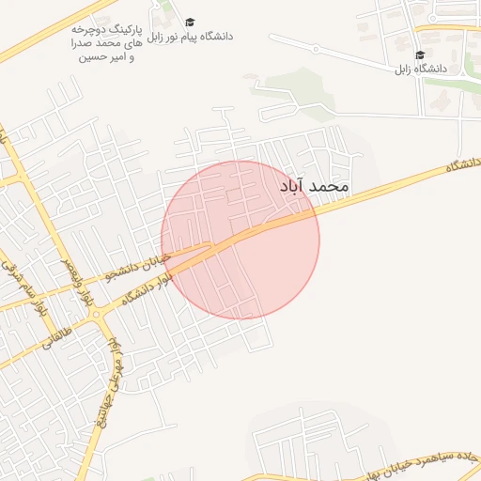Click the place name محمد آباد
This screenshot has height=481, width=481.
(314, 186)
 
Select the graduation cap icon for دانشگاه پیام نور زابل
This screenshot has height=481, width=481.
(189, 22)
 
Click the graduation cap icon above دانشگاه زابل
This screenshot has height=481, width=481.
(419, 55)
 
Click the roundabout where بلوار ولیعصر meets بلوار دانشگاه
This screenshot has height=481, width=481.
(97, 319)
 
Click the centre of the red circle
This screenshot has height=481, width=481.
(240, 240)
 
